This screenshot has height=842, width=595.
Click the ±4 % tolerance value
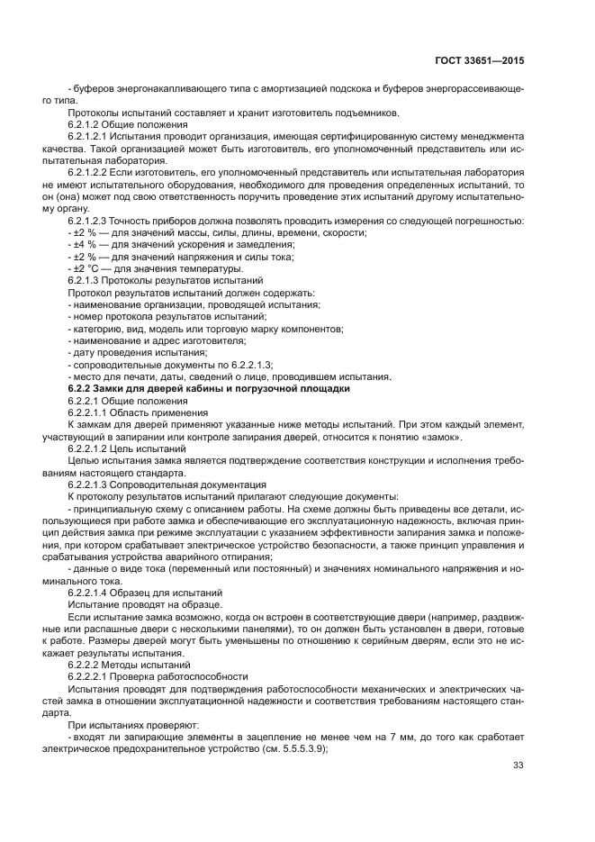pyautogui.click(x=84, y=244)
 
